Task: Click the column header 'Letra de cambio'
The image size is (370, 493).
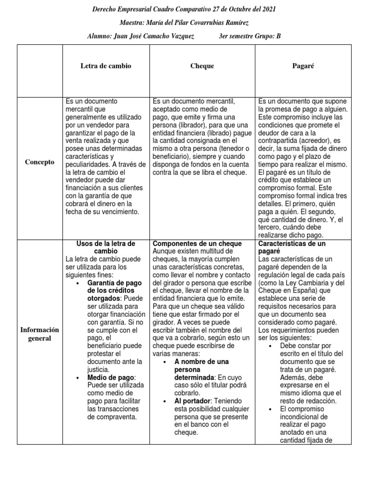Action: tap(106, 66)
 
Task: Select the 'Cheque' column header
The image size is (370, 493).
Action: tap(202, 66)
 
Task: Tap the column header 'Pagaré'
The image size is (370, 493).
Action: tap(303, 66)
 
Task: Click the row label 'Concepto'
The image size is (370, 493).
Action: tap(40, 162)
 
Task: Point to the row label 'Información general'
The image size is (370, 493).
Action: tap(40, 334)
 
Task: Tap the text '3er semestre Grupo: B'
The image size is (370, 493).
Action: tap(249, 36)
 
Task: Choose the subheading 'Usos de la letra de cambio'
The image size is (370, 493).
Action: tap(106, 247)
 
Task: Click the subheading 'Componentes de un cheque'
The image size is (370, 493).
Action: tap(197, 244)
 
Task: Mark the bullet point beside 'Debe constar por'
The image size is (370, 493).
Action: tap(270, 346)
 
